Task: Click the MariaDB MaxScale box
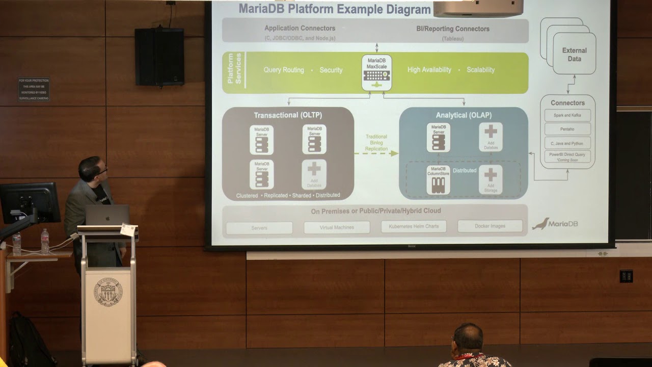click(x=376, y=73)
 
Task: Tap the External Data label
click(x=574, y=55)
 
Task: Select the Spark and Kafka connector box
click(x=567, y=115)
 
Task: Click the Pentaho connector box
click(x=567, y=129)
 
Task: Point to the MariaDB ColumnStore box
click(x=438, y=179)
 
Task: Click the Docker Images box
click(x=490, y=226)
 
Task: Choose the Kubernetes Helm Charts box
click(x=414, y=226)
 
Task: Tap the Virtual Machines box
click(x=337, y=227)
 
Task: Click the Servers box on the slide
click(x=259, y=228)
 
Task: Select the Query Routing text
click(x=284, y=70)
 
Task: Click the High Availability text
click(x=429, y=70)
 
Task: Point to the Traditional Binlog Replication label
click(x=376, y=143)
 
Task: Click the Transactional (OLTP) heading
click(x=288, y=115)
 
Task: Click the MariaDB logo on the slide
click(x=555, y=224)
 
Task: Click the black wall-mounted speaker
click(x=159, y=57)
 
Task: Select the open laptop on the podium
click(x=107, y=215)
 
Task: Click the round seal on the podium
click(x=108, y=292)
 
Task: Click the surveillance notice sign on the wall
click(x=34, y=89)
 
